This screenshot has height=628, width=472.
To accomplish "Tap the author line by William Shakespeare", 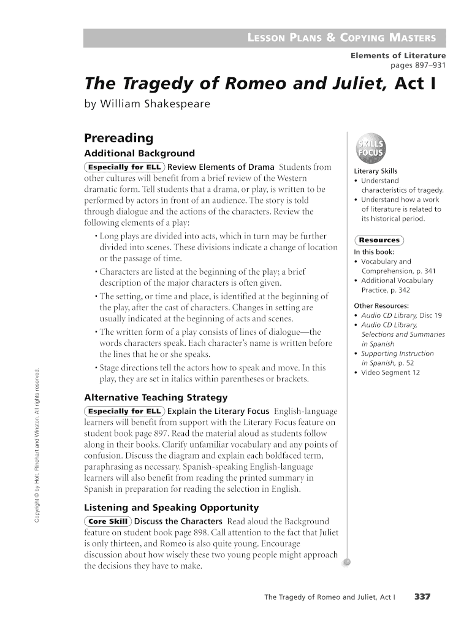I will pyautogui.click(x=147, y=104).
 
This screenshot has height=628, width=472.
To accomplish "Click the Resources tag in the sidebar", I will pyautogui.click(x=380, y=240).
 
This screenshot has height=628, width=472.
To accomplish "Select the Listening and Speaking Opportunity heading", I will pyautogui.click(x=170, y=507).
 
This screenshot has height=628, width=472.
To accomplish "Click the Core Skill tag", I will pyautogui.click(x=107, y=521).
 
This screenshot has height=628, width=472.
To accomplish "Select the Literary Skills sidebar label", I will pyautogui.click(x=376, y=171).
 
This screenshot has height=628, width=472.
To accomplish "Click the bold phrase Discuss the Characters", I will pyautogui.click(x=178, y=521).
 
